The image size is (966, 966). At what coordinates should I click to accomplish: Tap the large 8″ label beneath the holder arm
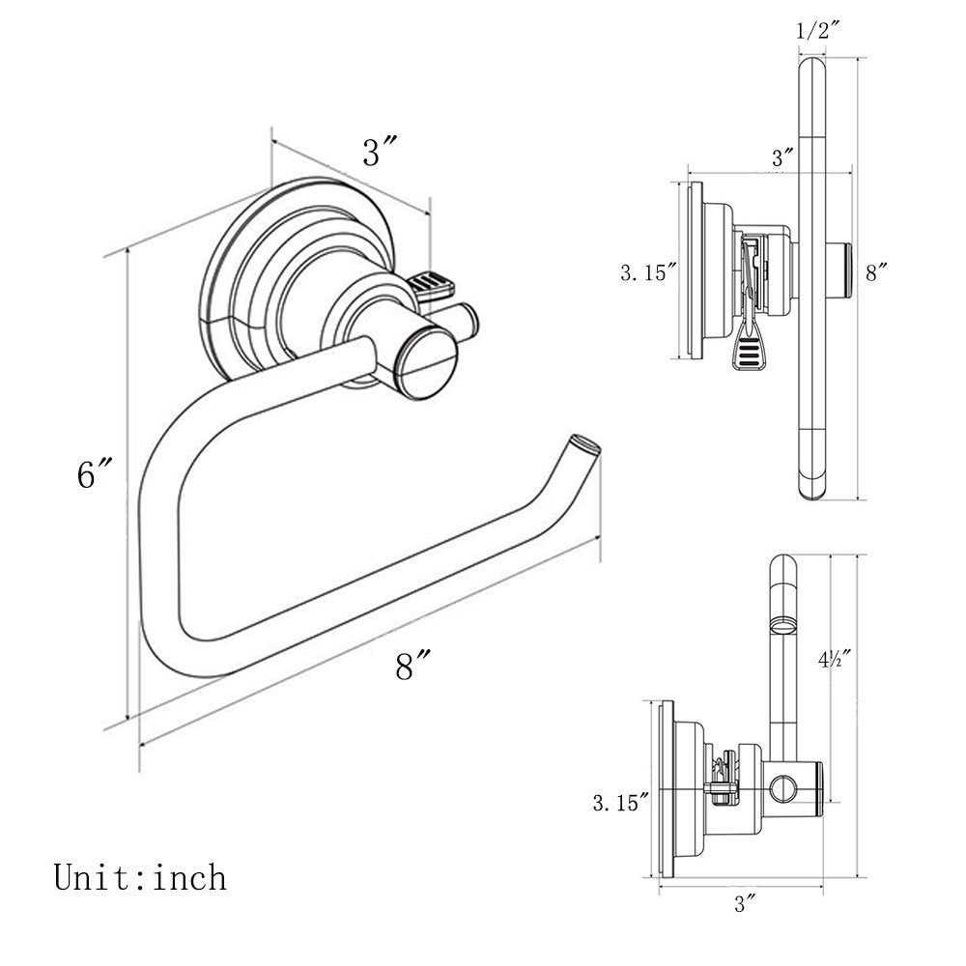pyautogui.click(x=412, y=666)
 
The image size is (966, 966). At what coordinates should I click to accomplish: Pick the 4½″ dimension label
pyautogui.click(x=832, y=660)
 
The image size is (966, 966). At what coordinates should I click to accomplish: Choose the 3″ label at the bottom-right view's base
pyautogui.click(x=744, y=904)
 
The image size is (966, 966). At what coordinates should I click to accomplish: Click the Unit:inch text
pyautogui.click(x=140, y=877)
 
